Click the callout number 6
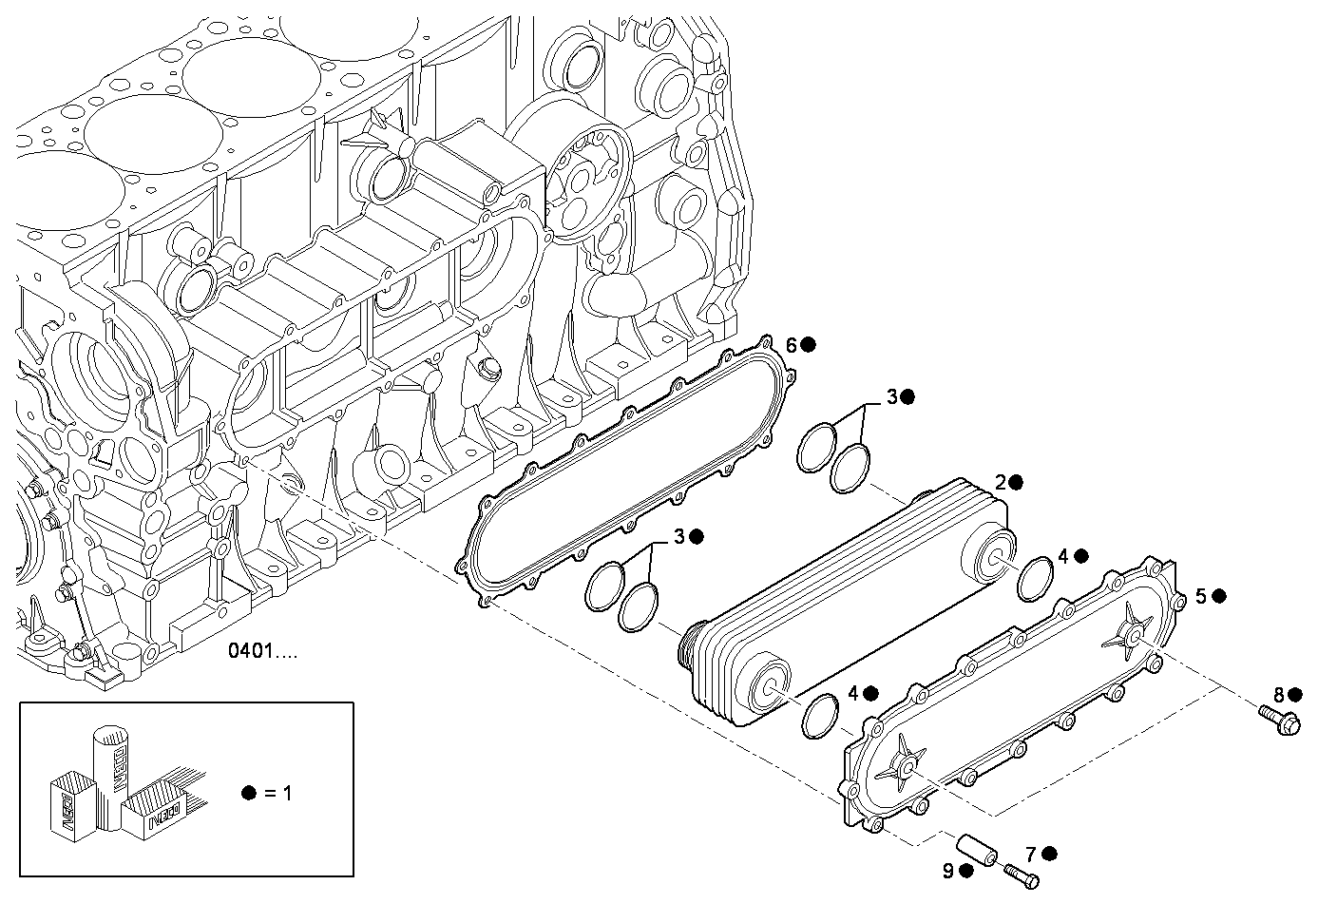(x=791, y=344)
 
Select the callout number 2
(x=1000, y=482)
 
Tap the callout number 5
(x=1201, y=596)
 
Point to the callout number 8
(x=1279, y=694)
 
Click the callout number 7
(x=1031, y=853)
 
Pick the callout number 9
(x=947, y=871)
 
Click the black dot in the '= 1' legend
(x=249, y=792)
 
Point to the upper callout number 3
(x=891, y=396)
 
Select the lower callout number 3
(x=679, y=537)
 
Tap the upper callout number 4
(x=1063, y=556)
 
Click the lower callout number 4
(x=852, y=694)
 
